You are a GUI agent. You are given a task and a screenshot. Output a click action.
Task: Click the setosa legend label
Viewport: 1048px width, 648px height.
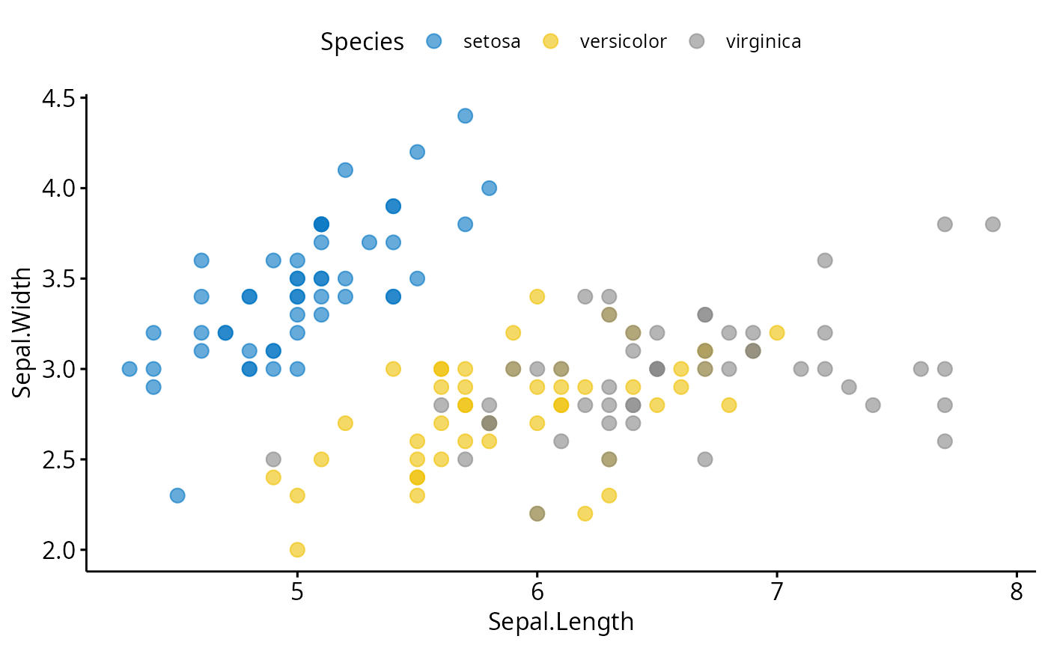coord(491,41)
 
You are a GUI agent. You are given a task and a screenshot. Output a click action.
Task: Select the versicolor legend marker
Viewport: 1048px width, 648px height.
coord(550,41)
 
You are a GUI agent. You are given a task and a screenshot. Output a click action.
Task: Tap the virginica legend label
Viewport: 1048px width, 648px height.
coord(763,41)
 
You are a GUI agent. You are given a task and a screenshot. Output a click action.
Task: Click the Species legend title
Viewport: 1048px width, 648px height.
coord(362,42)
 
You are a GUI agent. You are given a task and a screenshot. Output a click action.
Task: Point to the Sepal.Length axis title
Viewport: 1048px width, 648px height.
coord(561,622)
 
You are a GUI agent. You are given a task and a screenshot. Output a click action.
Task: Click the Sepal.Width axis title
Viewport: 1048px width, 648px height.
coord(22,331)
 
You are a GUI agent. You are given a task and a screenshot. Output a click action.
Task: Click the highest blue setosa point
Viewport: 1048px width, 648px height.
coord(465,116)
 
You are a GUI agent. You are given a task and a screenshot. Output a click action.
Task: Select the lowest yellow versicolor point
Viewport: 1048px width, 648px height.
coord(297,550)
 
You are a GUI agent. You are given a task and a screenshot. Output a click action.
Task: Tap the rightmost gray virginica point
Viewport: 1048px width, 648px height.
coord(993,224)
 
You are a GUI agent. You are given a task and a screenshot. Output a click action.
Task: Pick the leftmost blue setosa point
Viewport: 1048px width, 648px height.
coord(130,369)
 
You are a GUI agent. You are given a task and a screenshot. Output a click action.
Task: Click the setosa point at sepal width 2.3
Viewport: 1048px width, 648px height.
coord(177,495)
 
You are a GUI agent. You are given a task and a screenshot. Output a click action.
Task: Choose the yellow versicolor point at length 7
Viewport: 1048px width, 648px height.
coord(777,333)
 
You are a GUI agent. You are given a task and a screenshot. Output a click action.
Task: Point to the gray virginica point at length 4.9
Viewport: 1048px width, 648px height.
coord(273,459)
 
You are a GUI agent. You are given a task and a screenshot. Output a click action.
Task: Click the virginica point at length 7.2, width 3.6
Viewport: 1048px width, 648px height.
coord(825,260)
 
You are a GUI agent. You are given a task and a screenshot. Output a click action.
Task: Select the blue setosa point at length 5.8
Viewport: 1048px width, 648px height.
coord(489,188)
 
